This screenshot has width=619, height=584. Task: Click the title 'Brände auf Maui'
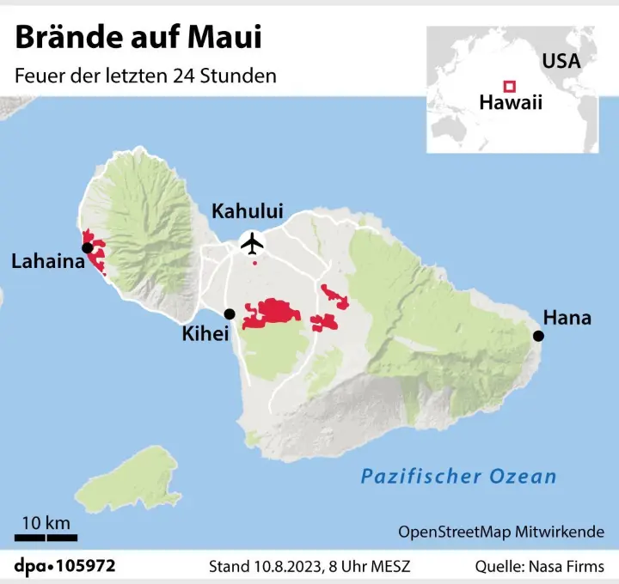[138, 37]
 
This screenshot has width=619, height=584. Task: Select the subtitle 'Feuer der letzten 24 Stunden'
[145, 75]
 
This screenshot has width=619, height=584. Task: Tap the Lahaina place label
[48, 261]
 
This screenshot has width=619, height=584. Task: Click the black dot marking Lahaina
[87, 248]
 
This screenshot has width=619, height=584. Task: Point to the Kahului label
[248, 211]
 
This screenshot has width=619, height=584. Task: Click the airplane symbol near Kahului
[253, 243]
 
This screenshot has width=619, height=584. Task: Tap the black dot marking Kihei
[229, 314]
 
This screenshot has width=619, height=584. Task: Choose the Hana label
[567, 318]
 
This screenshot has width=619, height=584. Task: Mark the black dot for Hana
[539, 336]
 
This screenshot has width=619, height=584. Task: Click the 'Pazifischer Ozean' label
[458, 476]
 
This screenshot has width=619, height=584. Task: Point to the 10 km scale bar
[46, 538]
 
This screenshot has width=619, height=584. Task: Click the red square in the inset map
[509, 85]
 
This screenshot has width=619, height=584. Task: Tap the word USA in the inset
[561, 62]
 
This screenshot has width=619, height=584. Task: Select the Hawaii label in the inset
[512, 103]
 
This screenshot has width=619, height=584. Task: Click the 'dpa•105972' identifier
[64, 566]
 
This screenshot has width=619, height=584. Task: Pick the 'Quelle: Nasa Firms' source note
[540, 567]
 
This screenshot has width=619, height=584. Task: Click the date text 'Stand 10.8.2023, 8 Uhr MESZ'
[309, 567]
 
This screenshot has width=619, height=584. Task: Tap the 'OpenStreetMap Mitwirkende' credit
[501, 532]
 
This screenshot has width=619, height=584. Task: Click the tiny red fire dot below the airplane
[254, 263]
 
